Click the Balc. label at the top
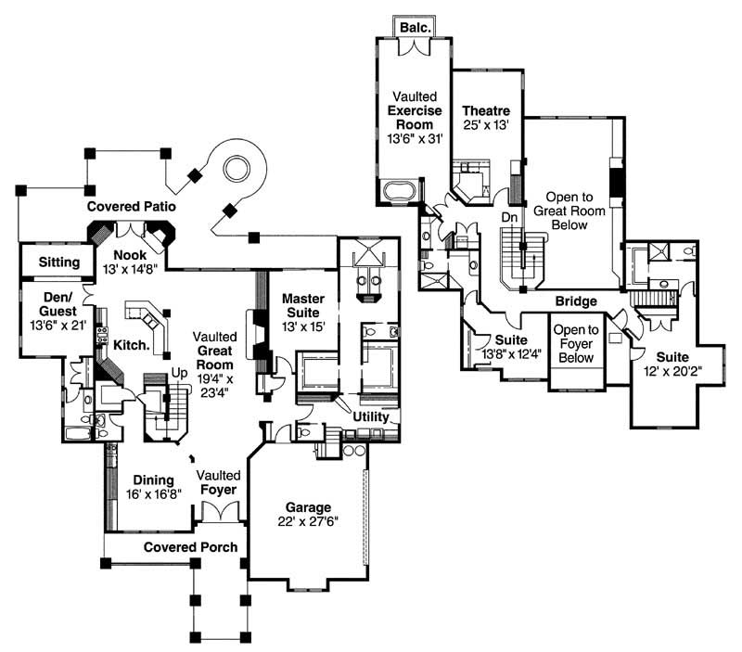(x=415, y=28)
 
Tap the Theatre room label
(x=485, y=112)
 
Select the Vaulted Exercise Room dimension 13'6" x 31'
(x=413, y=137)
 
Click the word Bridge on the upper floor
(x=575, y=301)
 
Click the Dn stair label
(x=509, y=216)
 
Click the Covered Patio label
(x=132, y=206)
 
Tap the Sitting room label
(x=58, y=262)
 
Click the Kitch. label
(x=134, y=344)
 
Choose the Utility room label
(x=371, y=418)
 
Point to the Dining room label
(x=153, y=480)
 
